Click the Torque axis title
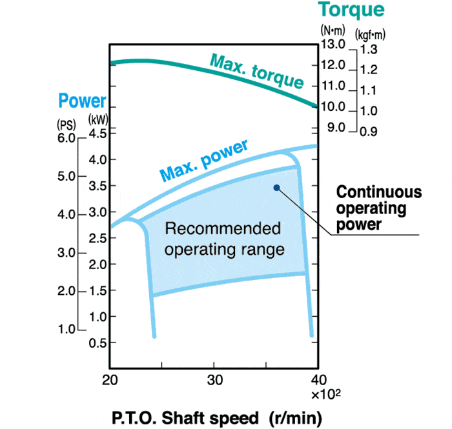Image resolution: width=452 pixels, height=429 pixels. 351,10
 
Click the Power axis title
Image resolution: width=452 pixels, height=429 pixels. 82,101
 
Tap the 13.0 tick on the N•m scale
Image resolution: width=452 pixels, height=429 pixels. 333,45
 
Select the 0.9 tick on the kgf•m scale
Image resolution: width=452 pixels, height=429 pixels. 369,132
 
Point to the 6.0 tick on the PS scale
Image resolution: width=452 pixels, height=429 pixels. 66,138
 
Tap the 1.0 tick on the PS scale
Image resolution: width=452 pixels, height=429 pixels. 66,330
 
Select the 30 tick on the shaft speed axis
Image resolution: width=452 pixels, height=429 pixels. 214,379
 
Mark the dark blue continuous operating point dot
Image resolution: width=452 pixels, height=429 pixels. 276,188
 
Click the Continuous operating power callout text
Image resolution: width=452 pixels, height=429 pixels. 379,208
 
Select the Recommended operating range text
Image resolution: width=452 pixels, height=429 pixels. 223,239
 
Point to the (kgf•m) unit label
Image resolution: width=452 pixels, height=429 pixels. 370,31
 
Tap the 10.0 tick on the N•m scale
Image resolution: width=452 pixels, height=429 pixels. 333,106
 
